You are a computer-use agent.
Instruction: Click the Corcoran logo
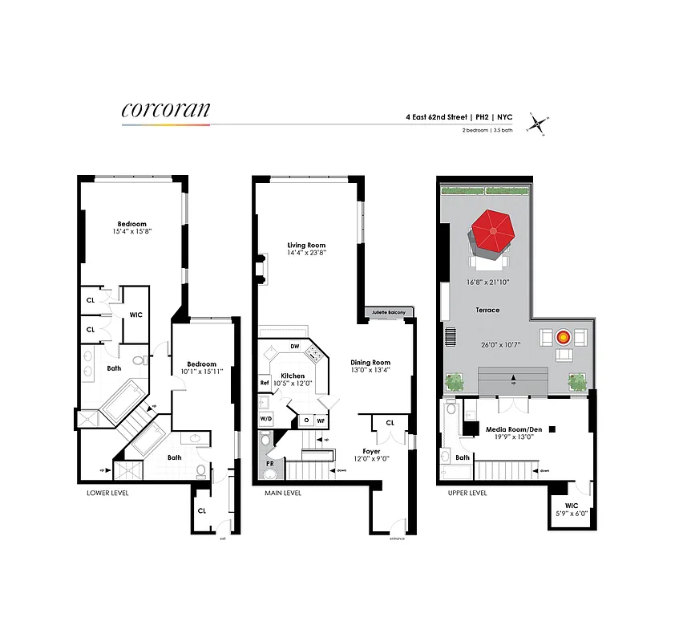(x=165, y=110)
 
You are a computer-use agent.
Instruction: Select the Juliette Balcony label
(x=389, y=312)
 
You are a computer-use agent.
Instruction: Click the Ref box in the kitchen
(x=264, y=383)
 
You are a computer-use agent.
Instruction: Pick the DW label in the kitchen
(x=294, y=347)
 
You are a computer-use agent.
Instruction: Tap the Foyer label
(x=370, y=451)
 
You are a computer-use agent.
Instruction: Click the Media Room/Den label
(x=514, y=429)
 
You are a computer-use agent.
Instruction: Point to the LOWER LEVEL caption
(x=107, y=493)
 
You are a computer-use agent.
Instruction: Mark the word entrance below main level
(x=397, y=538)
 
